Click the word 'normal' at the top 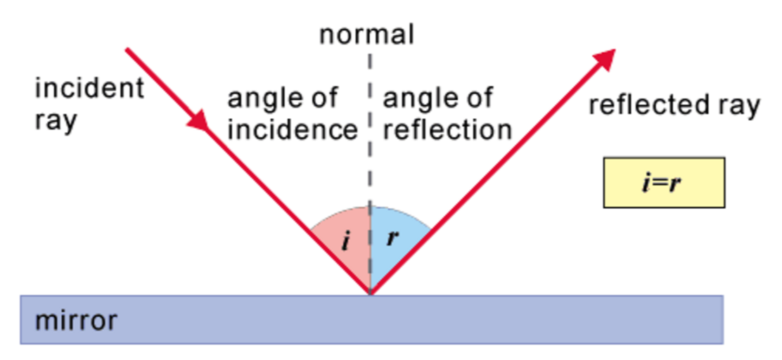point(366,34)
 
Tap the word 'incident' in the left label point(89,89)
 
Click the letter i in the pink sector point(345,241)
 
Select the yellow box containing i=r point(663,182)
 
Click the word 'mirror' point(76,321)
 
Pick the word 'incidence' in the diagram point(293,129)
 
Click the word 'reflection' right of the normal point(447,129)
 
